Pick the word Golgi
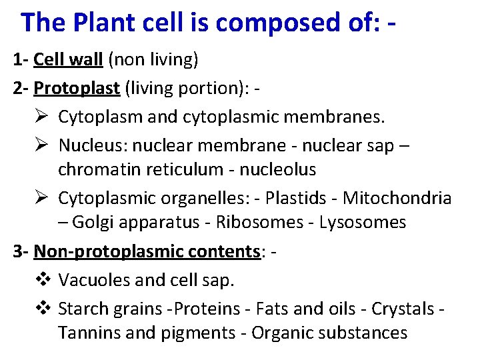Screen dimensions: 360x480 tap(97, 223)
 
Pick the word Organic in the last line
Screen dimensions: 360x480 tap(281, 332)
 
